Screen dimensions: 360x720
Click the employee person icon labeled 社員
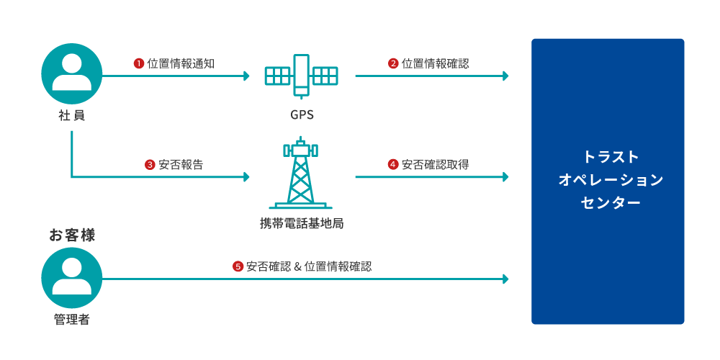coord(72,74)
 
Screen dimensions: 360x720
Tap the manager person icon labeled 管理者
coord(72,278)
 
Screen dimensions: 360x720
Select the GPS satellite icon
coord(302,75)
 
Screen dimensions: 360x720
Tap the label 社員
coord(72,115)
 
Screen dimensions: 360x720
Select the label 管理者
coord(72,319)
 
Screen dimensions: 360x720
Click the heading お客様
coord(72,235)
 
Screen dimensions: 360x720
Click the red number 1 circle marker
coord(139,63)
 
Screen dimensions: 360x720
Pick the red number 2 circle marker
coord(393,63)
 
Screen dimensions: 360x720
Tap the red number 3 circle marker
coord(150,164)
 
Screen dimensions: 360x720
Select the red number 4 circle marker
coord(393,164)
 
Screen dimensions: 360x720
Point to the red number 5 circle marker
coord(238,266)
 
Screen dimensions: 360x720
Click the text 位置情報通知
coord(181,63)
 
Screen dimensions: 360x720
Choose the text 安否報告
coord(181,164)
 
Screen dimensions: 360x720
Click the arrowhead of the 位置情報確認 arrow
coord(505,75)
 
